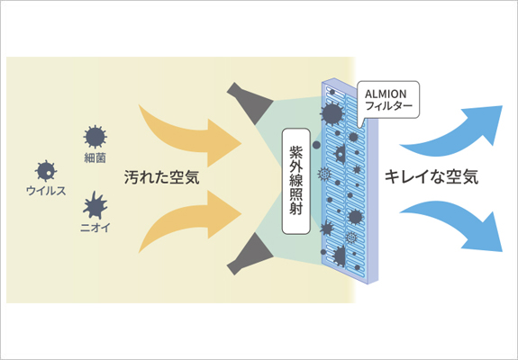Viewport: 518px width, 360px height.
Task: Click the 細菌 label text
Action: point(95,158)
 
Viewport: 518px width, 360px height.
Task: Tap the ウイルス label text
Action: point(46,191)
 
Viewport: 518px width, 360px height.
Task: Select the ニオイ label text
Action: point(95,228)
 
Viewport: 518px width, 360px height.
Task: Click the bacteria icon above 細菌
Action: point(95,137)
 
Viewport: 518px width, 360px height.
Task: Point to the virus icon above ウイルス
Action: point(46,171)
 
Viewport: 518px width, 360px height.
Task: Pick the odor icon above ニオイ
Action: point(95,205)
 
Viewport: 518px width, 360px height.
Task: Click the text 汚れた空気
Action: point(161,177)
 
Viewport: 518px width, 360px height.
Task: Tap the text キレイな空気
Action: point(432,176)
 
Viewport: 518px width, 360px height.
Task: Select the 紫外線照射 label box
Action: point(296,181)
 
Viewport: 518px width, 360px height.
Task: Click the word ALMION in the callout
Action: point(386,94)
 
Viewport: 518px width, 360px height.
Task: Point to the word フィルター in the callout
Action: point(389,106)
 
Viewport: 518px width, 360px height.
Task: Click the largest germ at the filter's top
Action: point(332,114)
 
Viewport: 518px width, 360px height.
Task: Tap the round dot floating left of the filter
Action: point(316,145)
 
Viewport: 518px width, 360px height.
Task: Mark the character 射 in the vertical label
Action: point(296,209)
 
